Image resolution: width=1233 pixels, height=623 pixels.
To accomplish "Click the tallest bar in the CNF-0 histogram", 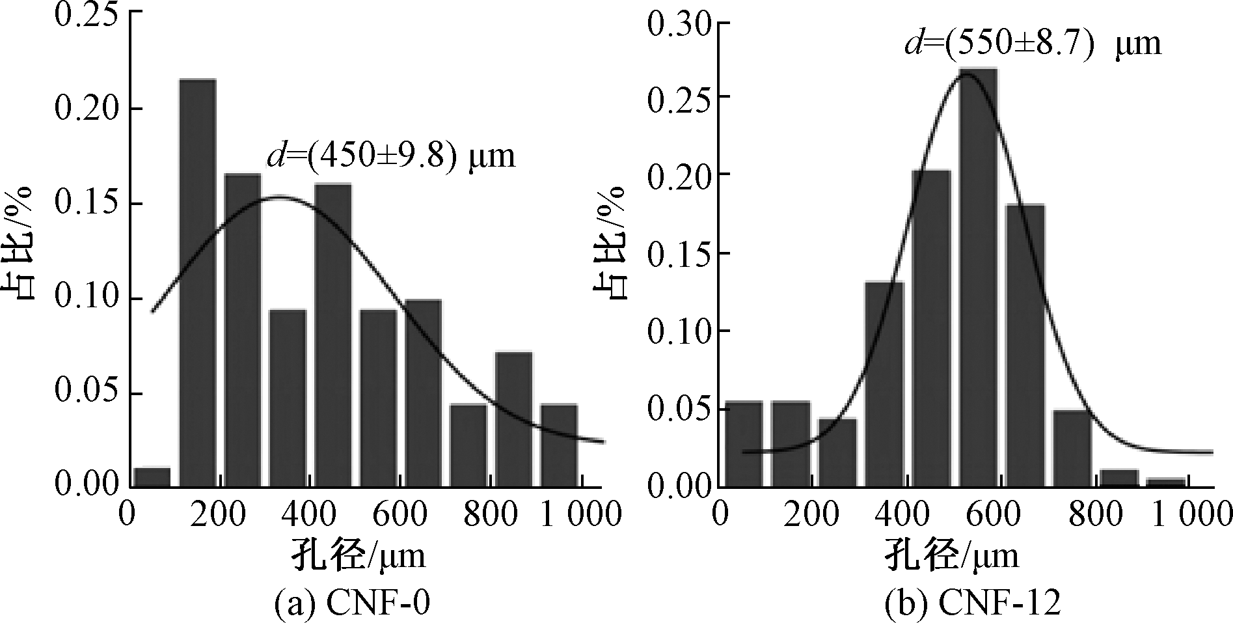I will click(197, 283).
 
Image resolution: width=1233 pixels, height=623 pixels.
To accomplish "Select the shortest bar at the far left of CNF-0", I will click(152, 477).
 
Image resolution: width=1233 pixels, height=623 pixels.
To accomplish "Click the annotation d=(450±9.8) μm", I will click(391, 157).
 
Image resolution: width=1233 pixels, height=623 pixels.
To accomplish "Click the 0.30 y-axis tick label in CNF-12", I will click(680, 26).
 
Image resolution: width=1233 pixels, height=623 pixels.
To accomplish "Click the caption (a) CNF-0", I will click(352, 603).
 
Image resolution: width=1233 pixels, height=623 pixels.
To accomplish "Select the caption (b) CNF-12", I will click(972, 603).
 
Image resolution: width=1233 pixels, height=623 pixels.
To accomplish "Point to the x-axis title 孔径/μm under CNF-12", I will click(951, 557).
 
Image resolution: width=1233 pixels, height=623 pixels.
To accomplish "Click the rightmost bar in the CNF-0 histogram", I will click(559, 445).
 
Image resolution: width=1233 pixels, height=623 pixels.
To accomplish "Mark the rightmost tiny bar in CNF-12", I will click(1166, 482).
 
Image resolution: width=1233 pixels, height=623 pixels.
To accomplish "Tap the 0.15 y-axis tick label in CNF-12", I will click(680, 253).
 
